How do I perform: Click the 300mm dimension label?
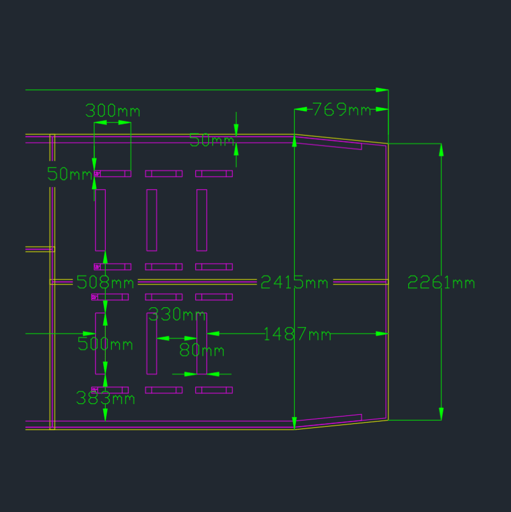(112, 111)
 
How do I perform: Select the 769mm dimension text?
(342, 109)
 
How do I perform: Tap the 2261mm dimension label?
(441, 282)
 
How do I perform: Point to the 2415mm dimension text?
(294, 282)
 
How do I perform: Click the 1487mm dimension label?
(297, 334)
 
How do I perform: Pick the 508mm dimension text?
(105, 282)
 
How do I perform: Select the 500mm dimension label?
(105, 344)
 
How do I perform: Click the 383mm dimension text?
(106, 398)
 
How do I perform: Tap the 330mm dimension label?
(177, 314)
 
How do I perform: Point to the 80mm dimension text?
(202, 351)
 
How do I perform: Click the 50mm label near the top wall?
(212, 141)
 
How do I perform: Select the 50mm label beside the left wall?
(69, 174)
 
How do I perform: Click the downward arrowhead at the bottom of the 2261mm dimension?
(441, 414)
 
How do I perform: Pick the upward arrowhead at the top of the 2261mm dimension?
(441, 150)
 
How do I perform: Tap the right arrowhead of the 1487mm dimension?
(382, 334)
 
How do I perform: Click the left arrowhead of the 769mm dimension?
(300, 109)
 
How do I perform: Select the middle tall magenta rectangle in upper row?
(152, 220)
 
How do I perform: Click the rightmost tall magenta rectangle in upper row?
(202, 220)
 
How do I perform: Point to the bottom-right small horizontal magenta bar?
(214, 390)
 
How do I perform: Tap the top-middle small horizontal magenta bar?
(164, 174)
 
